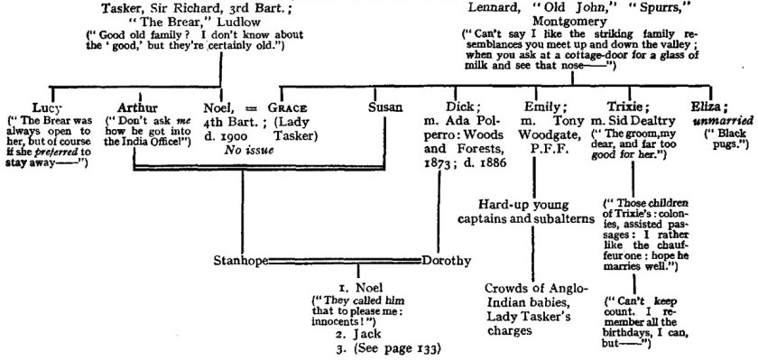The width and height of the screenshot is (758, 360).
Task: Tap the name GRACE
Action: point(298,106)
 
